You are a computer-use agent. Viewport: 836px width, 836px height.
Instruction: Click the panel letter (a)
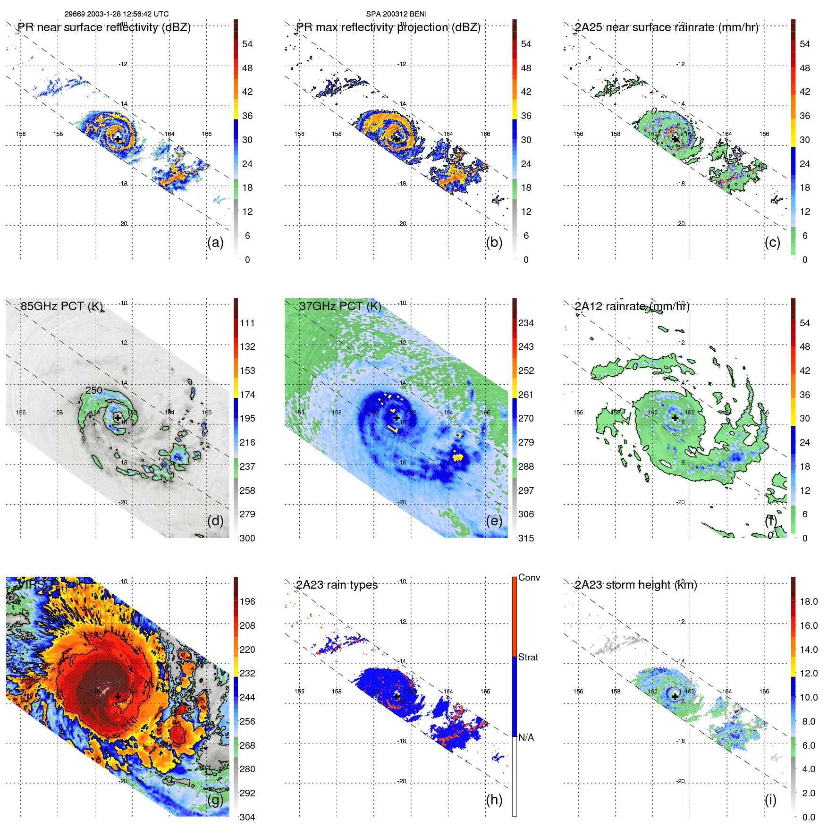coord(215,243)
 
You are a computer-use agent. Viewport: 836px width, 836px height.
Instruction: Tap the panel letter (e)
coord(494,521)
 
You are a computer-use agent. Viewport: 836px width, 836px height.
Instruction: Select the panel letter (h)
coord(494,800)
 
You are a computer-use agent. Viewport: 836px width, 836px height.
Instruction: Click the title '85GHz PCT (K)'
coord(62,306)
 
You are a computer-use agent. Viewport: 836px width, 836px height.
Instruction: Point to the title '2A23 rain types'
coord(337,585)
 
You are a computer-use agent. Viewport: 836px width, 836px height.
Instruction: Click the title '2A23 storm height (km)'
coord(636,585)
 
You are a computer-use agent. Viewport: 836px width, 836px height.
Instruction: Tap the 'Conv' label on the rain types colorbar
coord(529,578)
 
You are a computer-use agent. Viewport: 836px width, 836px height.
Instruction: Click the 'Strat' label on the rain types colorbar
coord(528,658)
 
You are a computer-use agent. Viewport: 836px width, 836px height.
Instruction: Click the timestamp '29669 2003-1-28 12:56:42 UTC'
coord(117,14)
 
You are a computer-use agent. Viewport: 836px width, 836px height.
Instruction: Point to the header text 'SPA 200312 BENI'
coord(397,14)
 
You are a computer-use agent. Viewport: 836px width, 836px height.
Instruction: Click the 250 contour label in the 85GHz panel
coord(94,390)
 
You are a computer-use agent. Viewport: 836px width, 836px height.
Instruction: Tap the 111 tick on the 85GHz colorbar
coord(247,323)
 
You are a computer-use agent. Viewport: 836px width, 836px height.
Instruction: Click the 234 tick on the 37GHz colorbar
coord(526,323)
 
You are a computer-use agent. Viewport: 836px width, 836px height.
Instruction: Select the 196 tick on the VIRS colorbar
coord(247,602)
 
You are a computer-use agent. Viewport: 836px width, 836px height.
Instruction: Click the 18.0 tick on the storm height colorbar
coord(809,602)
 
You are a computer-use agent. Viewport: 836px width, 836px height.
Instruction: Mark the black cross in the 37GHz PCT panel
coord(397,418)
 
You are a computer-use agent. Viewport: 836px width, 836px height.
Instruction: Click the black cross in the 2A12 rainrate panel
coord(675,418)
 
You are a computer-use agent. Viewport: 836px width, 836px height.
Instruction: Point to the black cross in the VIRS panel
coord(118,696)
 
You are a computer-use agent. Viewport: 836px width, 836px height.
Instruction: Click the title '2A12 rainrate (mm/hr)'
coord(632,306)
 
